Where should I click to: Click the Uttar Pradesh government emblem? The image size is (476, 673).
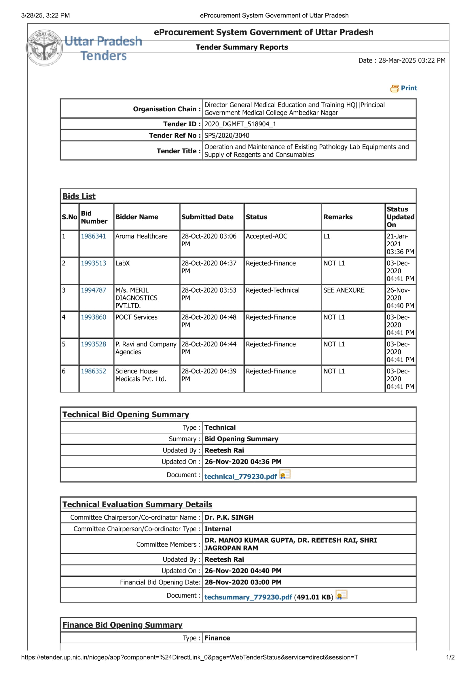pos(45,48)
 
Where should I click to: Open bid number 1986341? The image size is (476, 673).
pos(93,236)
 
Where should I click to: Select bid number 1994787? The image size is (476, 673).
pos(93,290)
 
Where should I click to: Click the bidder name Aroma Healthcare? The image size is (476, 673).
pos(141,236)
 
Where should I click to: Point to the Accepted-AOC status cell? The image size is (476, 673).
pos(266,236)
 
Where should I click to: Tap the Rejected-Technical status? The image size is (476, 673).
pos(272,290)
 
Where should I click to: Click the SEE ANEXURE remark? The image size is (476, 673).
pos(344,290)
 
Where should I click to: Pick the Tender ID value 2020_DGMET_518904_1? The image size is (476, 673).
pos(240,124)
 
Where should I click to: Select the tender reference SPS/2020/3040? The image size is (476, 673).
pos(227,136)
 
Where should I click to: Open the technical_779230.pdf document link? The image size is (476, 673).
pos(240,476)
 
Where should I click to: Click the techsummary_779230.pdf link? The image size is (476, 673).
pos(248,597)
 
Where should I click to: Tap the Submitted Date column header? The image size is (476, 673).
pos(207,217)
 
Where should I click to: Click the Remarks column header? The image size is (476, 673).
pos(338,217)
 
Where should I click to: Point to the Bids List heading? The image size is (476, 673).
pos(79,197)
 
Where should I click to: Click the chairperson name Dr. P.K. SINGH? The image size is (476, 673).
pos(229,517)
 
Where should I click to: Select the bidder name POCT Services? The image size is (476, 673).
pos(136,317)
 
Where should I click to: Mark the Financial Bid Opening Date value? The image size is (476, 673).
pos(243,582)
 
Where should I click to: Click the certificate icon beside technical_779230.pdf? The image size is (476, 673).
pos(285,474)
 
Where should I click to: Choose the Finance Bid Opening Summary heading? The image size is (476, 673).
pos(122,625)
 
